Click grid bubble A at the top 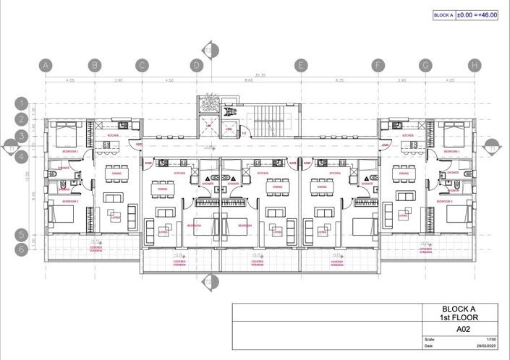46,66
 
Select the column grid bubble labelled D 196,66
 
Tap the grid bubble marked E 300,66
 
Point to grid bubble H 475,66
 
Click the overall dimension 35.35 260,74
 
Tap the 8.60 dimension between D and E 248,81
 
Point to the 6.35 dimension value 339,81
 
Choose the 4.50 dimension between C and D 169,81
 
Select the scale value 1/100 491,340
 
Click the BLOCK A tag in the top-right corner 443,14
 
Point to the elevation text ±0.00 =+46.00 477,14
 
